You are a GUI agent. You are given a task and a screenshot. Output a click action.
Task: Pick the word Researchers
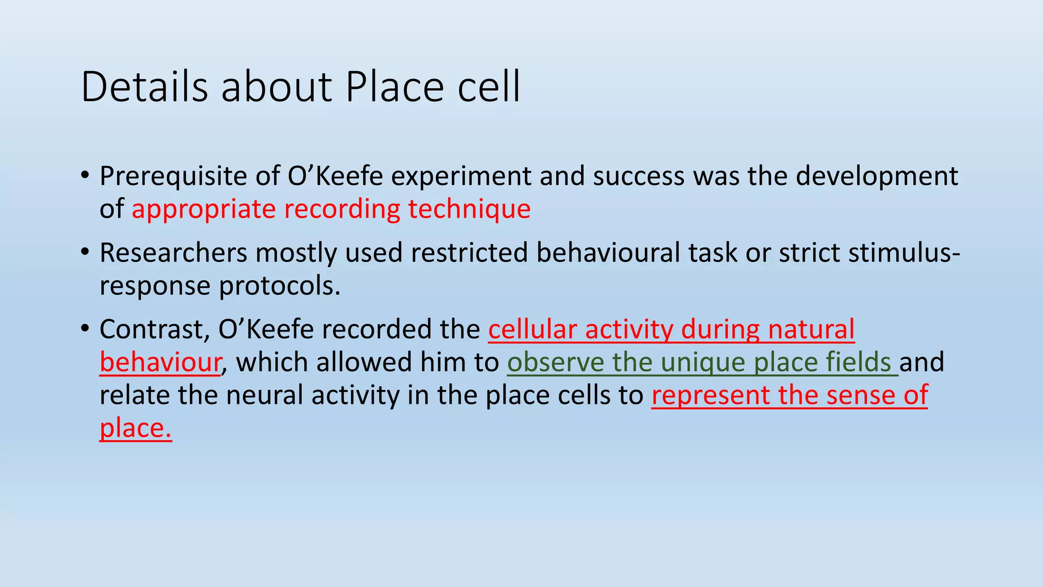click(173, 253)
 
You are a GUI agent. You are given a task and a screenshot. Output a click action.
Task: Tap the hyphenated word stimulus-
click(904, 253)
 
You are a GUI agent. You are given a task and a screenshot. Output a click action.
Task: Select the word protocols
click(280, 286)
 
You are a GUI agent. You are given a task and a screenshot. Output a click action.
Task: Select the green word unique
click(703, 362)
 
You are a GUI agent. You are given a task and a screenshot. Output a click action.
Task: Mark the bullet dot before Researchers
click(85, 252)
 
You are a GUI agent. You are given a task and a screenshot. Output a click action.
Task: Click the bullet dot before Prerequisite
click(85, 176)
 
